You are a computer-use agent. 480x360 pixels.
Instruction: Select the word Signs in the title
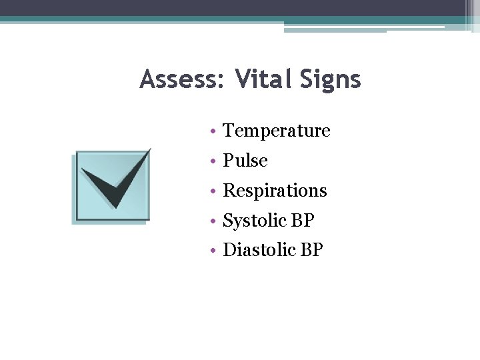(x=330, y=80)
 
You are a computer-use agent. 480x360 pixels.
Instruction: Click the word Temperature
(x=276, y=131)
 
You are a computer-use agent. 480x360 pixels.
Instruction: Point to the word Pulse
(x=245, y=161)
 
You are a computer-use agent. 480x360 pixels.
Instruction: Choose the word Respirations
(x=275, y=191)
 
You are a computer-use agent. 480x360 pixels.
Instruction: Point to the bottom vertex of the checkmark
(x=115, y=207)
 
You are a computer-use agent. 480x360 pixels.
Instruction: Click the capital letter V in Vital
(x=243, y=80)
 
